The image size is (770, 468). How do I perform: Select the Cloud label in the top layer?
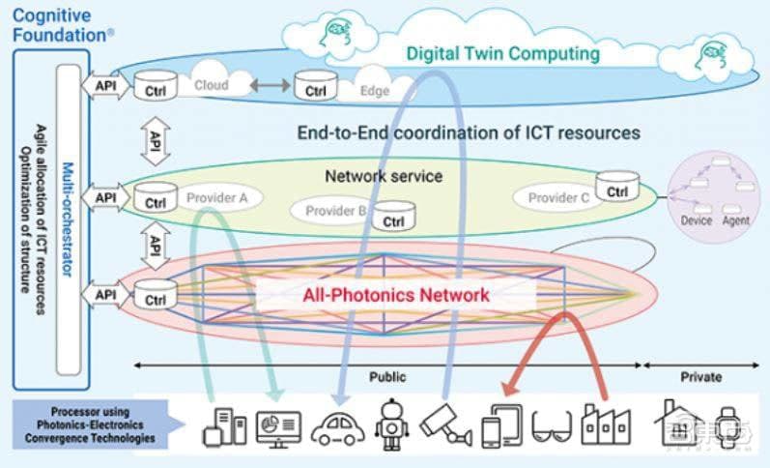(x=212, y=85)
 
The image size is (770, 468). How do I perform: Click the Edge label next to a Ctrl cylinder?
(x=374, y=91)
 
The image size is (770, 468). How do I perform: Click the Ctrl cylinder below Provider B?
(x=392, y=219)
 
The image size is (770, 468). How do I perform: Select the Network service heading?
(x=384, y=176)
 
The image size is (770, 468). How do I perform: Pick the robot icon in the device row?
(x=390, y=424)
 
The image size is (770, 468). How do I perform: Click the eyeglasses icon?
(x=552, y=426)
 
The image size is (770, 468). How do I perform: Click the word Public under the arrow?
(x=387, y=377)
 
